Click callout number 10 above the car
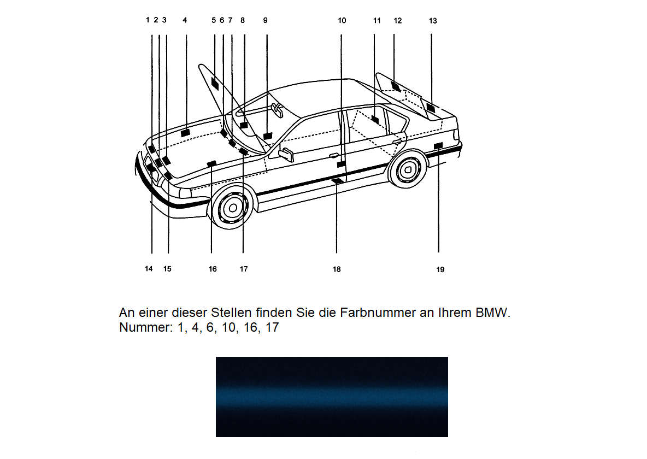point(342,21)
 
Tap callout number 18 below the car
point(337,269)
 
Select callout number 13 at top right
point(433,21)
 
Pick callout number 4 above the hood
point(185,20)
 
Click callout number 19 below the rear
point(440,269)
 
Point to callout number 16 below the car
point(213,269)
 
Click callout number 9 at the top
point(265,20)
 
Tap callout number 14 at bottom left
point(149,269)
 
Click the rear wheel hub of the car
point(407,170)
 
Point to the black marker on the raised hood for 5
point(215,85)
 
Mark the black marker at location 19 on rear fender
point(438,145)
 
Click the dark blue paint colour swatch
point(332,397)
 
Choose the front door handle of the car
point(333,156)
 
